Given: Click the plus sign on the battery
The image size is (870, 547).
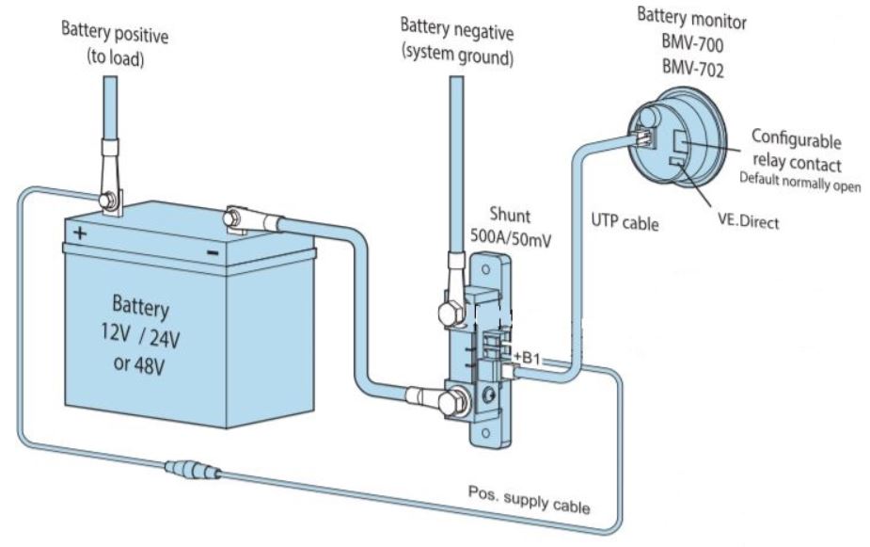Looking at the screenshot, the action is point(80,233).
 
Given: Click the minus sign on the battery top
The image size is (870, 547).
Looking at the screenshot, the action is point(213,253).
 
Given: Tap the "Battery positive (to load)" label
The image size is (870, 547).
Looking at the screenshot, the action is point(115,44).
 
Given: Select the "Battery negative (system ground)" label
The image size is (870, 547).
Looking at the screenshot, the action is point(457,40).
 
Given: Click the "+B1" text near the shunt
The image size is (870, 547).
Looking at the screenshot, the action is point(527,358).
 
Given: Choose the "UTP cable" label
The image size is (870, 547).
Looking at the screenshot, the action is point(625,222).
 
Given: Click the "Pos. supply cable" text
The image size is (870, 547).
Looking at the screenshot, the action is point(529,500).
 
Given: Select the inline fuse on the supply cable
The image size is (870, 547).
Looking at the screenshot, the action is point(194,470).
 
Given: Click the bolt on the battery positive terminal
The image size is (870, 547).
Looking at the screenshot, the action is point(107,200).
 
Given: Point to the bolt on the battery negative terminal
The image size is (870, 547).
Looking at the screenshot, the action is point(233,217).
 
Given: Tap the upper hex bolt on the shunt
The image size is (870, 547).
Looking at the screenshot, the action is point(450,314).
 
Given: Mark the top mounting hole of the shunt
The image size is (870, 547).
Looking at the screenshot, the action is point(485,270).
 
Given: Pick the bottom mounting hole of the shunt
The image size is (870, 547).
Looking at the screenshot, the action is point(485,433).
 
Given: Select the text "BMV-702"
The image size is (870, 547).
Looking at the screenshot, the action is point(693,69).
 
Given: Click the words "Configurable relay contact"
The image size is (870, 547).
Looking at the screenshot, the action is point(797,150).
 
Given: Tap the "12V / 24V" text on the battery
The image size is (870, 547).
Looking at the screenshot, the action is point(140,335).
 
